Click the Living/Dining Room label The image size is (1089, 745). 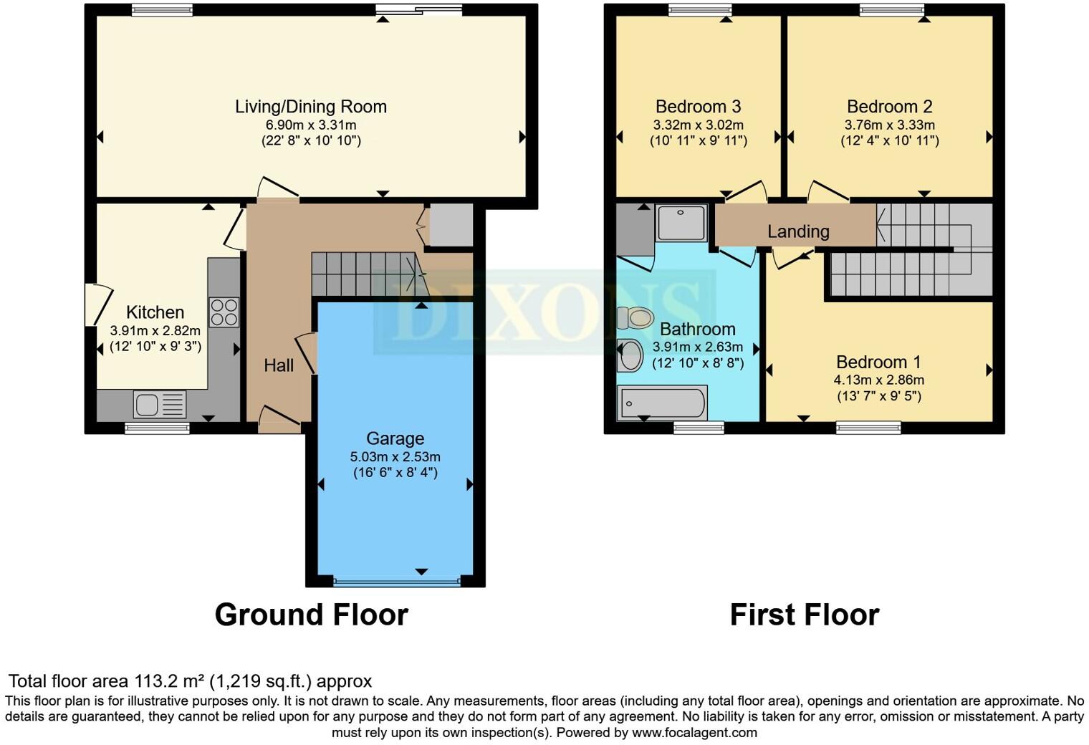click(x=310, y=107)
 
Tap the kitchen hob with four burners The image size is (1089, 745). click(x=224, y=312)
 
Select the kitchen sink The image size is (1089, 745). click(x=159, y=405)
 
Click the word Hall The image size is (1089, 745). click(x=279, y=365)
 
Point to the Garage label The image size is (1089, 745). click(x=395, y=438)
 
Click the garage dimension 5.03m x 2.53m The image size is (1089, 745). click(x=395, y=456)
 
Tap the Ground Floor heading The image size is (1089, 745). click(x=311, y=615)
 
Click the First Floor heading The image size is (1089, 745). click(x=804, y=615)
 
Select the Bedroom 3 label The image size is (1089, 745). click(x=698, y=107)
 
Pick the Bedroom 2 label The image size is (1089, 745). click(x=889, y=107)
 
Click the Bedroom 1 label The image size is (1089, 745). click(x=878, y=362)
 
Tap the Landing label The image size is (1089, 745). click(x=798, y=231)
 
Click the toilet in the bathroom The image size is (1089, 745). click(x=635, y=317)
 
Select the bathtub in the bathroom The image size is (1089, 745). click(x=662, y=403)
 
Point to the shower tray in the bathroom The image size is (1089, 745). click(x=681, y=222)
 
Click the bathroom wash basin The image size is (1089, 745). click(x=630, y=355)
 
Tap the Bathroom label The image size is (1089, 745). click(x=697, y=329)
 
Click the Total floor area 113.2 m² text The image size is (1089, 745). click(x=190, y=681)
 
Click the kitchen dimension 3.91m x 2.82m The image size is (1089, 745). click(x=155, y=331)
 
